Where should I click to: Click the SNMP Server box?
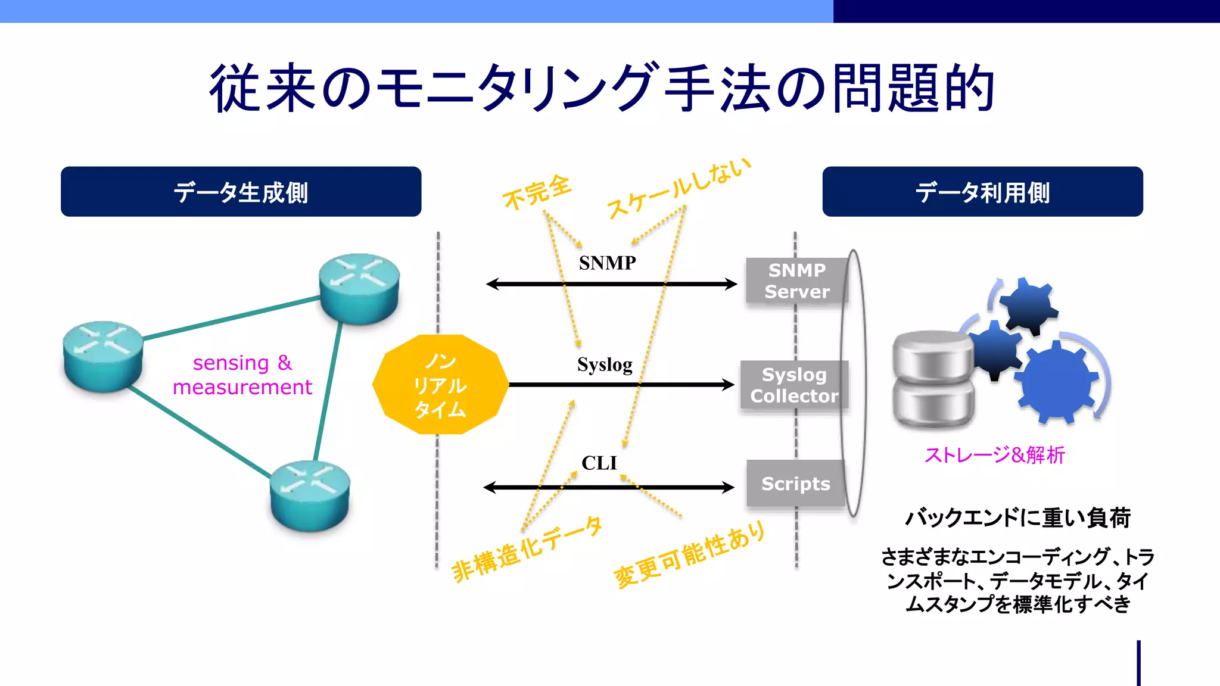tap(796, 281)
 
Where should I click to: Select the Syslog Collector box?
tap(793, 385)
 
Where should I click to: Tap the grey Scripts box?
tap(795, 484)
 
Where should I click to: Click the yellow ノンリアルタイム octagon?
tap(440, 385)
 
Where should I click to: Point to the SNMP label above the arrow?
tap(607, 263)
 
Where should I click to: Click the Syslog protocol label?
tap(605, 364)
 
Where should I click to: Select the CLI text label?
tap(599, 463)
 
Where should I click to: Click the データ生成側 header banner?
tap(241, 192)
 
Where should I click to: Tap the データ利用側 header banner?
tap(982, 192)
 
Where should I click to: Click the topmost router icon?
tap(359, 288)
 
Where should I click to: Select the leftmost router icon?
tap(103, 356)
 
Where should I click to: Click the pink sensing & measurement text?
tap(242, 375)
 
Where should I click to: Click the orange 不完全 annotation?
tap(537, 192)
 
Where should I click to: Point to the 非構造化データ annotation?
tap(527, 549)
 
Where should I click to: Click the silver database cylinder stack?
tap(933, 379)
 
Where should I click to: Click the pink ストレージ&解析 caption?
tap(994, 455)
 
